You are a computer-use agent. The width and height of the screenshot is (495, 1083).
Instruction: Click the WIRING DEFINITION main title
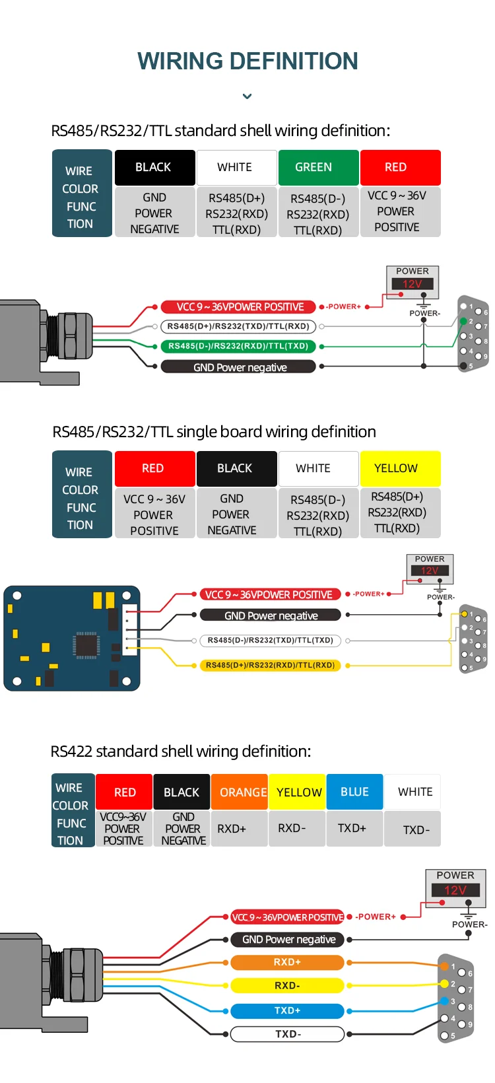247,61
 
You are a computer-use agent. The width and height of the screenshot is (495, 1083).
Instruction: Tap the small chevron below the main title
247,96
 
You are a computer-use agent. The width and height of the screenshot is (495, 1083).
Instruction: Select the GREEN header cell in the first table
318,168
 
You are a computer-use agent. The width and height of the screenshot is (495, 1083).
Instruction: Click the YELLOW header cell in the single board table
400,468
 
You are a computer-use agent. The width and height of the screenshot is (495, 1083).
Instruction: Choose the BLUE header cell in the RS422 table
354,792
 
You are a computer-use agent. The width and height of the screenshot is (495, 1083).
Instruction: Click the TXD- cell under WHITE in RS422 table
416,829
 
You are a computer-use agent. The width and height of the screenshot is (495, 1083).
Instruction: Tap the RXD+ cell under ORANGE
232,829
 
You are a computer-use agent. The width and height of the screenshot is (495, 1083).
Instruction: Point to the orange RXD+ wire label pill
287,962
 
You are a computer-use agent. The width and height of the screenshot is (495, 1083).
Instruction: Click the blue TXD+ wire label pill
287,1010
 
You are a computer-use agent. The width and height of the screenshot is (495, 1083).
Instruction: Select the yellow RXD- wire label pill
287,986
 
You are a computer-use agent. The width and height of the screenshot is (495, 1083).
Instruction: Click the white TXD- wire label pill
287,1034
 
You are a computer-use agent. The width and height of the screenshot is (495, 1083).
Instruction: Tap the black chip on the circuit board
86,645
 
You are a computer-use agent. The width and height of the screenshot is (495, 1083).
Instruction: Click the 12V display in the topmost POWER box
412,284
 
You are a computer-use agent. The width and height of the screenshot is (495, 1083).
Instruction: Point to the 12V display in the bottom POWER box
455,890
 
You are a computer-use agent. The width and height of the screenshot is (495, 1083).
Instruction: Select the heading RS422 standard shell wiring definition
181,751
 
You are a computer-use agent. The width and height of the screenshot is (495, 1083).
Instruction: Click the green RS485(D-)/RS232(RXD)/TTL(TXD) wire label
238,346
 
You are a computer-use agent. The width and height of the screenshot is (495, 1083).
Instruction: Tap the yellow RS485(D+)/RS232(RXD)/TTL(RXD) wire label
270,665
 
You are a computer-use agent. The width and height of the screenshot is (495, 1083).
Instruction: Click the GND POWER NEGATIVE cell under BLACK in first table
154,213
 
